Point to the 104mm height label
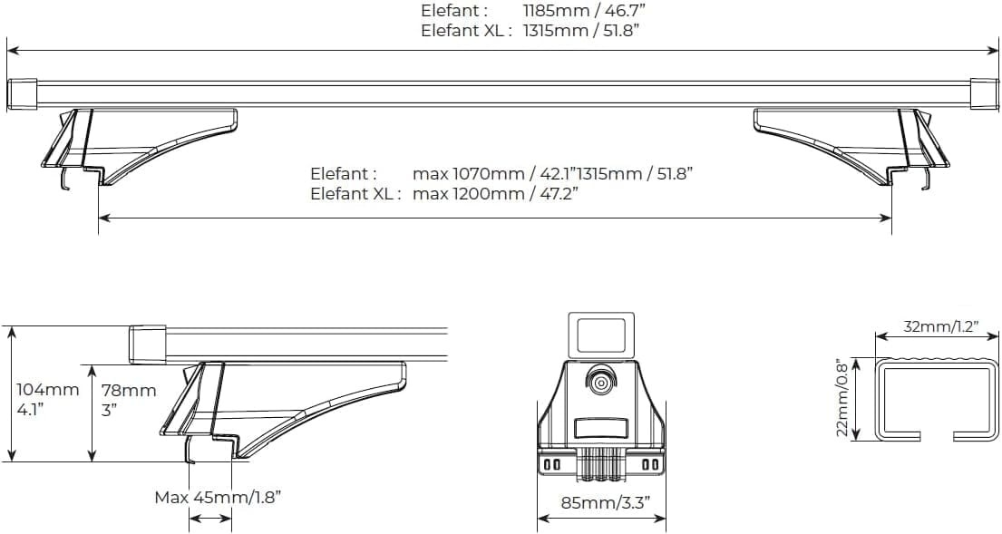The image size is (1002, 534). (x=47, y=390)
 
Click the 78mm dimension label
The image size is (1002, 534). (x=129, y=391)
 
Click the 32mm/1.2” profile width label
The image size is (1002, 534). (x=940, y=327)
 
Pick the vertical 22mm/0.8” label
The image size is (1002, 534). (x=842, y=396)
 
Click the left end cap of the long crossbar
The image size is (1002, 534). (x=22, y=94)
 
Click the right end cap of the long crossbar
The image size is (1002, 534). (x=984, y=94)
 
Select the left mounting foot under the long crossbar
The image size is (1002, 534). (x=136, y=145)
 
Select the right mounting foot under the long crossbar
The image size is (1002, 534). (x=852, y=145)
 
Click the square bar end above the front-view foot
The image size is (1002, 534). (x=599, y=333)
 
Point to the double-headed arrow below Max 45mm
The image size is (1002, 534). (x=210, y=519)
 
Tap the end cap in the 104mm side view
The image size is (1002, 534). (x=147, y=345)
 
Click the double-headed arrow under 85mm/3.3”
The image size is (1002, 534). (x=601, y=519)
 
